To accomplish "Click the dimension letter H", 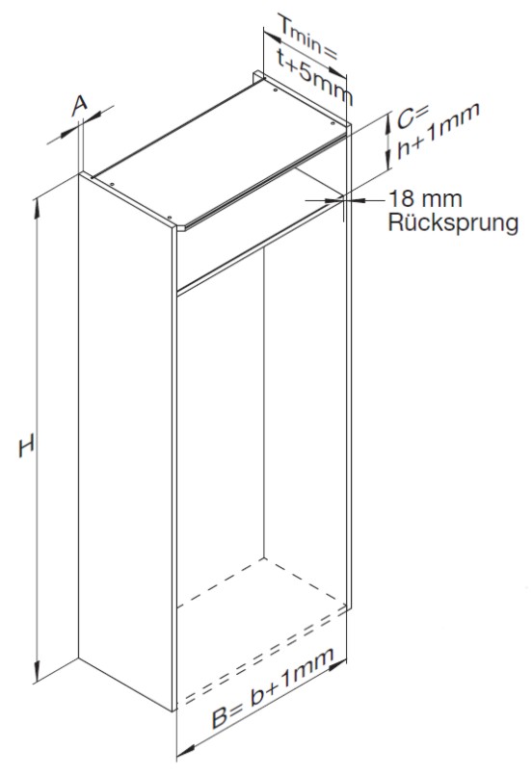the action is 26,446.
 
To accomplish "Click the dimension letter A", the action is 80,106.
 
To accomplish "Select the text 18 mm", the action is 425,199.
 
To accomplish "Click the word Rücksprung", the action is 453,222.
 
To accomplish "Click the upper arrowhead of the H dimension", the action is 37,208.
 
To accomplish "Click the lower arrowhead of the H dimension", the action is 37,672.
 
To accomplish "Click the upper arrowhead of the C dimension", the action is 387,123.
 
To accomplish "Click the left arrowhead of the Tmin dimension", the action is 272,38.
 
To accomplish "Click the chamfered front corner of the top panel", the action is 181,228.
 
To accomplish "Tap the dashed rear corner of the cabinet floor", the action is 264,558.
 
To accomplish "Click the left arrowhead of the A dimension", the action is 69,132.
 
